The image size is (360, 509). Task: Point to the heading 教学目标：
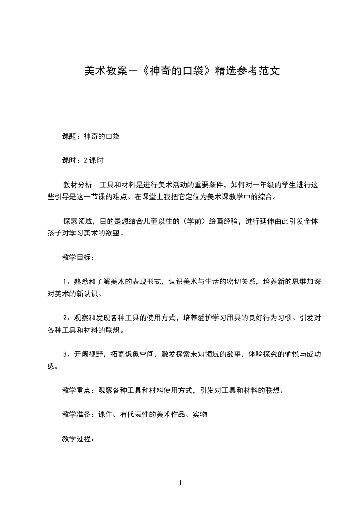pos(78,258)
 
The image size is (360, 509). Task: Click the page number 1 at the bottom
pos(180,484)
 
